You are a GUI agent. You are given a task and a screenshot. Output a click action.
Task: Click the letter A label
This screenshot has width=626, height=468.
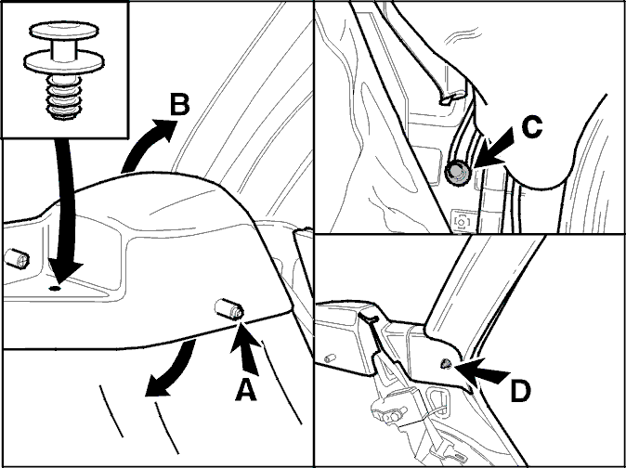(x=245, y=390)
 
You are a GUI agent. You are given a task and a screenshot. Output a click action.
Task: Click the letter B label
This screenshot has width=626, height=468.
(x=179, y=105)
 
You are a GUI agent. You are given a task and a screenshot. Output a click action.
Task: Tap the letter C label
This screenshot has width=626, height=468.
(x=532, y=127)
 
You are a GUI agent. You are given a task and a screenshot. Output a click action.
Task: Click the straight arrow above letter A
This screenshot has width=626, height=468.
(x=245, y=347)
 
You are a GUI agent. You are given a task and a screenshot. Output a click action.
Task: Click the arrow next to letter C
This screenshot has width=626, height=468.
(x=493, y=149)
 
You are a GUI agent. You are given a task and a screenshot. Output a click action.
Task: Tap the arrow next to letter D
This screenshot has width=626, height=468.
(x=481, y=370)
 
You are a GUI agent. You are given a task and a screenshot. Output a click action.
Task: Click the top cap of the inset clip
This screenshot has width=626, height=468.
(x=64, y=31)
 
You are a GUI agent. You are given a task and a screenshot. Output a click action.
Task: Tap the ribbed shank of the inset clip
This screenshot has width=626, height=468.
(x=64, y=97)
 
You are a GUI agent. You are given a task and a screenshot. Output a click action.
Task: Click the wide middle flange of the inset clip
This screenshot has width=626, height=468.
(x=64, y=62)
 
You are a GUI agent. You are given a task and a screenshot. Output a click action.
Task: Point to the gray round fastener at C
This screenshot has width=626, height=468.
(x=458, y=173)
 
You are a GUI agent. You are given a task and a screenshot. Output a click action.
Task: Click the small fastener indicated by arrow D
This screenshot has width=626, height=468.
(x=446, y=363)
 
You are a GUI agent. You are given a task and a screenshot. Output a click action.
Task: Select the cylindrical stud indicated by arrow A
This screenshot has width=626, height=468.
(x=229, y=309)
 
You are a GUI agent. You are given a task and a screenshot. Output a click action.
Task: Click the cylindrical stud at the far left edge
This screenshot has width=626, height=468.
(x=17, y=259)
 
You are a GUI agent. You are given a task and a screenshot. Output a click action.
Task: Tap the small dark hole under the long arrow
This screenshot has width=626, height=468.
(x=55, y=288)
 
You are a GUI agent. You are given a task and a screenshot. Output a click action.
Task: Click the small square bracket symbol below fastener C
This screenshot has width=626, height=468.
(x=462, y=221)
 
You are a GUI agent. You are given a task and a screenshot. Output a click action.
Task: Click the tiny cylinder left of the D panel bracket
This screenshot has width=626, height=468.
(x=330, y=357)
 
